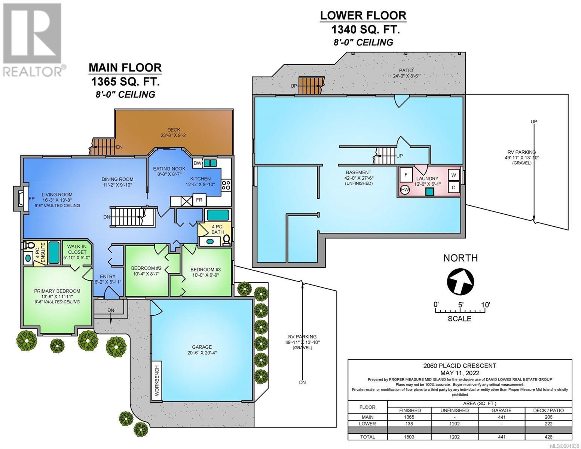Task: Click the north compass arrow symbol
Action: point(461,282)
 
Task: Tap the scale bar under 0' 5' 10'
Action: point(460,311)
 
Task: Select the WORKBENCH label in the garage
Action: point(157,381)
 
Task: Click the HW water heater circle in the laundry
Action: point(405,190)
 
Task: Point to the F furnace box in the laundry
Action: point(406,175)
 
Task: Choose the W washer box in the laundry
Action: point(454,175)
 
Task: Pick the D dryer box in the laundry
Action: point(454,187)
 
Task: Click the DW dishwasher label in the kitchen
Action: point(197,163)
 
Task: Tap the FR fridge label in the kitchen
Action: point(199,200)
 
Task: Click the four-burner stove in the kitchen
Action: point(226,185)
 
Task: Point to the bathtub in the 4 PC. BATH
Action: point(218,215)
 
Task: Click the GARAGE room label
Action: point(202,347)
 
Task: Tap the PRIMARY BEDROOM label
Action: point(57,291)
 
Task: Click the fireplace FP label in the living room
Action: point(31,199)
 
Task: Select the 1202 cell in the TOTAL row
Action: point(454,437)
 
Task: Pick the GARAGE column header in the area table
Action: point(502,410)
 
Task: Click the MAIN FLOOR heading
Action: point(125,68)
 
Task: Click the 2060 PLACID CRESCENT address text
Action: point(460,366)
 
